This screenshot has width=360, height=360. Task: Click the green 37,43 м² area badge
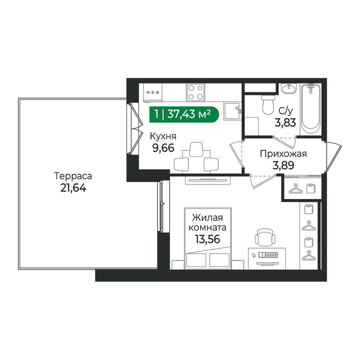tap(184, 114)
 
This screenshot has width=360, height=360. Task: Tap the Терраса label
tap(73, 176)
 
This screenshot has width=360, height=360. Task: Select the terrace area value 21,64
tap(73, 188)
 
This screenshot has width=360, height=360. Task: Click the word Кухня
tap(163, 136)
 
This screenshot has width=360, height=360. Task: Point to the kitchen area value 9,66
tap(163, 148)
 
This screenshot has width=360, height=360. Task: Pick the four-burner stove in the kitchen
tap(196, 92)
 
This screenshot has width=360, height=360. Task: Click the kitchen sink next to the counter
tap(232, 111)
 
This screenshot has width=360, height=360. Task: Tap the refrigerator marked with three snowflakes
tap(153, 93)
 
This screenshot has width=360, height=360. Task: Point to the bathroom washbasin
tap(289, 89)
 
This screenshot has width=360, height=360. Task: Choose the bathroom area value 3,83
tap(285, 123)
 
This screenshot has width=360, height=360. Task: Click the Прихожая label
tap(283, 154)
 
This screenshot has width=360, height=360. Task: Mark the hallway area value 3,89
tap(283, 165)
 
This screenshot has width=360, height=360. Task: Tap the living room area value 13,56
tap(207, 239)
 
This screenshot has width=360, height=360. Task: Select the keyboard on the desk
tap(268, 255)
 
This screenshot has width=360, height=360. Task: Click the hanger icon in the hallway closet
tap(296, 189)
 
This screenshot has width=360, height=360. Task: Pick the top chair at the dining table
tap(196, 149)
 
